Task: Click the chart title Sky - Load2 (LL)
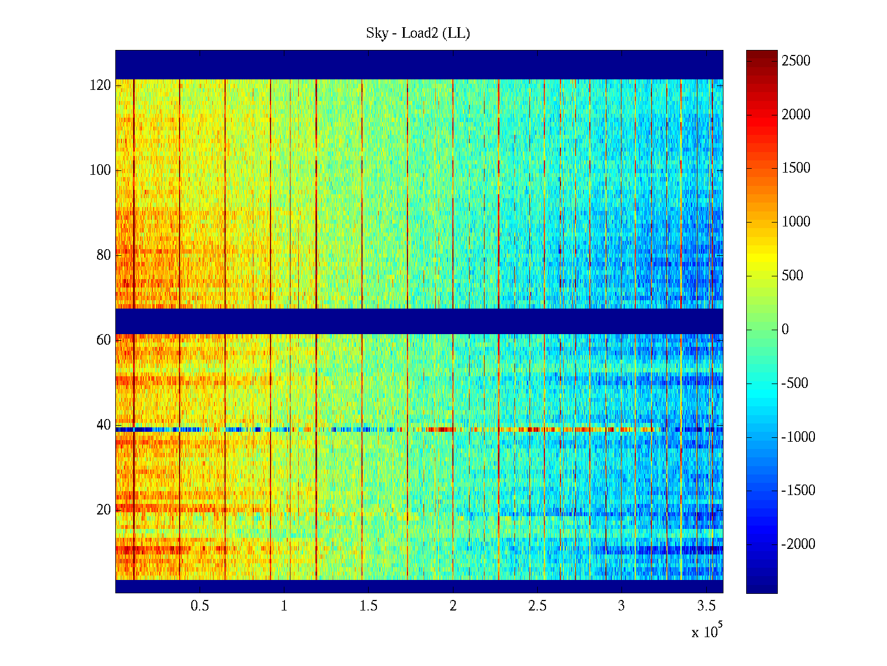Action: click(x=418, y=33)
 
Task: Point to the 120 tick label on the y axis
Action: click(x=100, y=85)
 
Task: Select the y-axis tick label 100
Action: click(x=100, y=170)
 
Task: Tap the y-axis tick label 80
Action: click(x=103, y=255)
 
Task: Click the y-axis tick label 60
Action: click(x=103, y=340)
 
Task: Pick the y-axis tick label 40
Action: click(x=103, y=425)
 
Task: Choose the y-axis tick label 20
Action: click(x=103, y=510)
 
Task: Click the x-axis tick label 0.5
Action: click(x=200, y=606)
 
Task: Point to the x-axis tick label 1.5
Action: click(x=369, y=606)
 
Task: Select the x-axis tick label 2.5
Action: click(x=537, y=606)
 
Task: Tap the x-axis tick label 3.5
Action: click(x=706, y=606)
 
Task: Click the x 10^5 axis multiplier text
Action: click(x=707, y=632)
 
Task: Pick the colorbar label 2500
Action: click(x=796, y=61)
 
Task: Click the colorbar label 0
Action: click(x=785, y=330)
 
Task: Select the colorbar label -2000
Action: click(x=798, y=544)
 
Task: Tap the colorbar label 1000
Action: click(x=796, y=222)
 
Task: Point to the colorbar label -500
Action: click(x=795, y=384)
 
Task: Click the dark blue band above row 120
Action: click(x=419, y=64)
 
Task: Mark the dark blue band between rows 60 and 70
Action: click(x=419, y=321)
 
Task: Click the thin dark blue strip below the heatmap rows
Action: click(x=419, y=587)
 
